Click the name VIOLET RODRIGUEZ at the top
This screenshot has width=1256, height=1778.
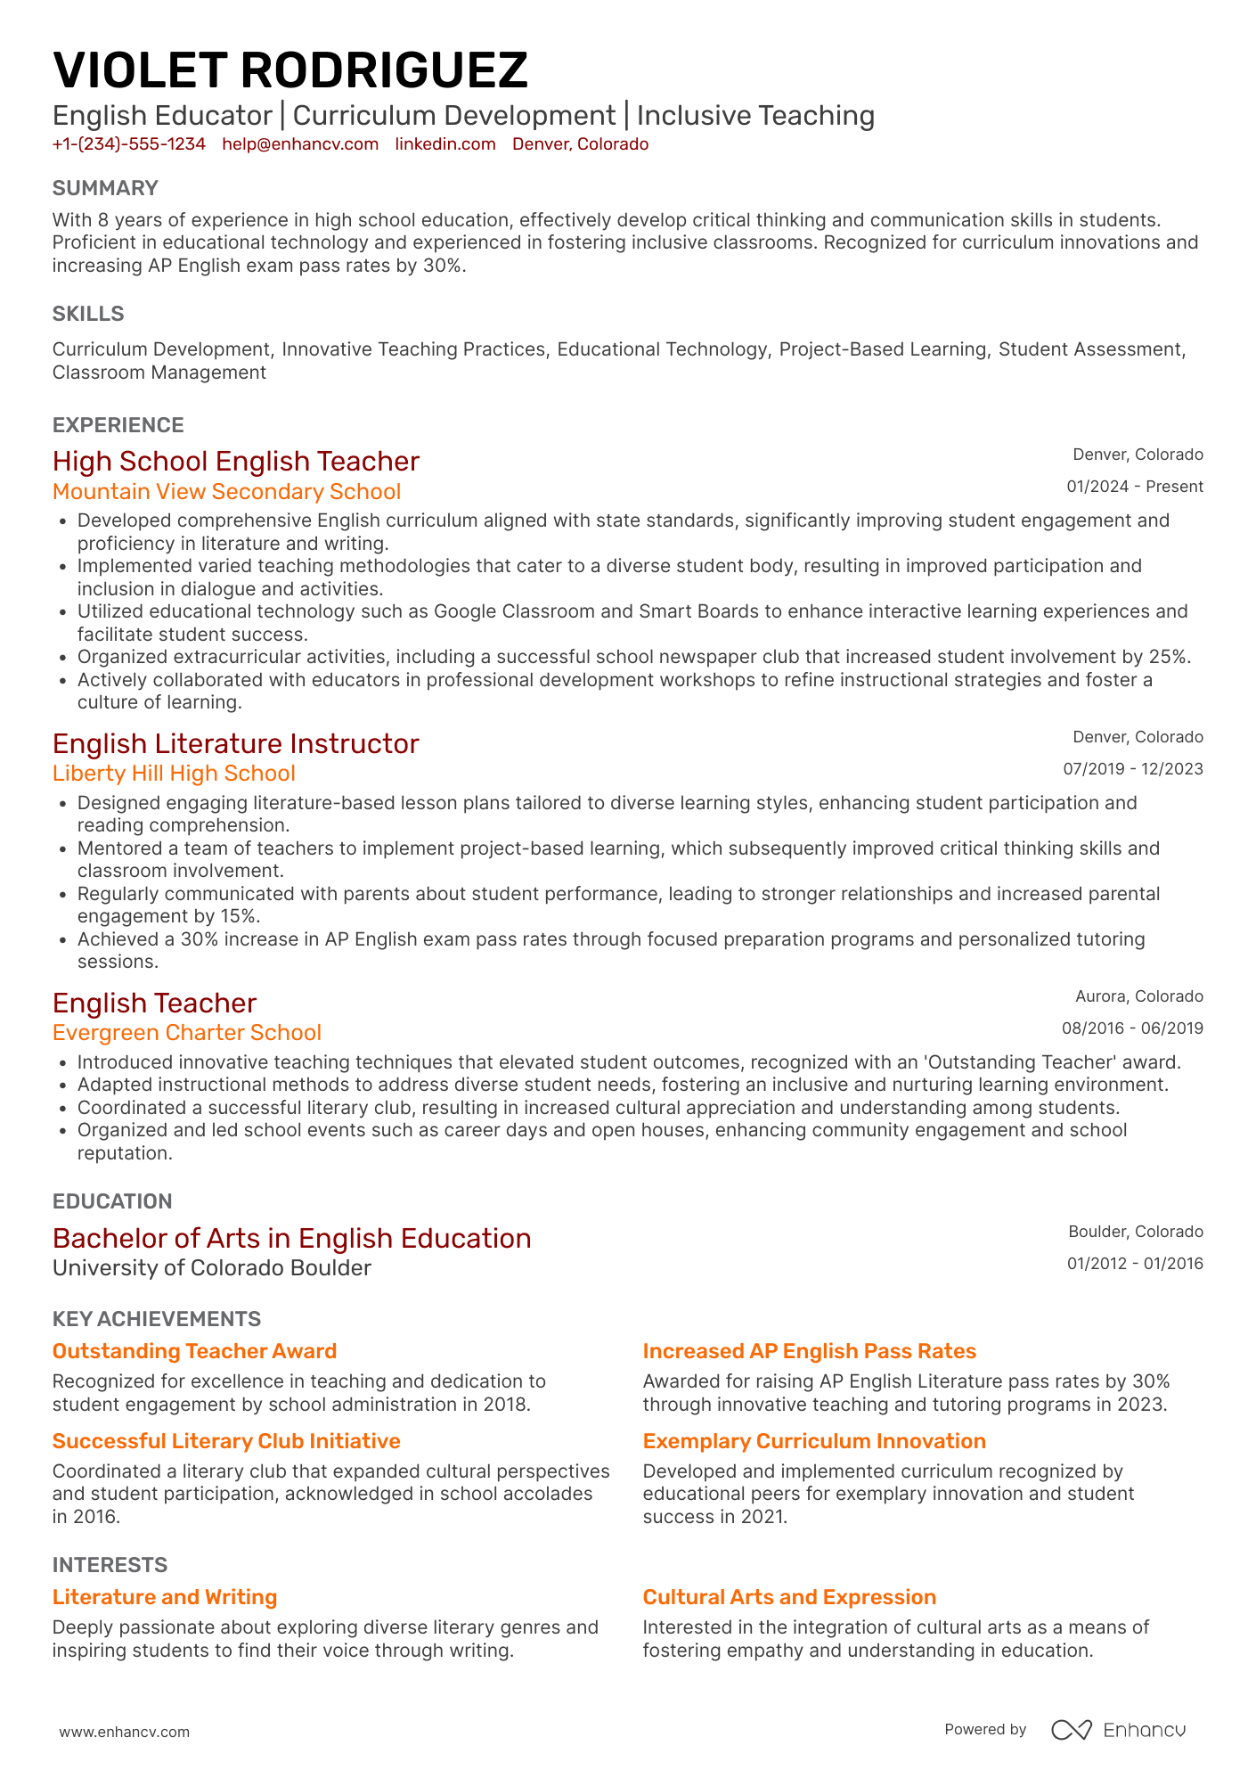coord(290,70)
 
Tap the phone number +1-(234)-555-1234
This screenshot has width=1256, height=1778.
coord(129,144)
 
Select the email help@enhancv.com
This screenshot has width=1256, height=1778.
coord(300,144)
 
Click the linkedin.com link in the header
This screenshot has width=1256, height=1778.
coord(445,144)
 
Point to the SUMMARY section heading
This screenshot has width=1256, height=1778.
coord(105,188)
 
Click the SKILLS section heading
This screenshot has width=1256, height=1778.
coord(88,314)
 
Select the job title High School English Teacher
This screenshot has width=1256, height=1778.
coord(236,462)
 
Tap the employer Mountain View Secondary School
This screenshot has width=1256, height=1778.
coord(226,492)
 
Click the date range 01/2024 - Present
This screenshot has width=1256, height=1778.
coord(1134,487)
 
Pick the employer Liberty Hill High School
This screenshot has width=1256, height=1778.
coord(174,774)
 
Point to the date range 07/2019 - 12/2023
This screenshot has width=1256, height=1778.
coord(1132,769)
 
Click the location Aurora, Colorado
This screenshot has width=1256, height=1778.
coord(1138,996)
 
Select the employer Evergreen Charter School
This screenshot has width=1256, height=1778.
coord(187,1033)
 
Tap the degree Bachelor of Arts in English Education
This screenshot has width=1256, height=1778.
coord(291,1239)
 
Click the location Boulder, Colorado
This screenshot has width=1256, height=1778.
coord(1135,1232)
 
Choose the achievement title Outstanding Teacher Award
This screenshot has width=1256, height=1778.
coord(194,1351)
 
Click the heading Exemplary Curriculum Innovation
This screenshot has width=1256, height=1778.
coord(814,1441)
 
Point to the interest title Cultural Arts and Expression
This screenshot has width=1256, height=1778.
coord(789,1597)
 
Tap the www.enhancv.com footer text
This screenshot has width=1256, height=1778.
coord(125,1732)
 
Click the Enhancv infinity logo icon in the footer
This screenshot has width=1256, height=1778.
coord(1071,1730)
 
